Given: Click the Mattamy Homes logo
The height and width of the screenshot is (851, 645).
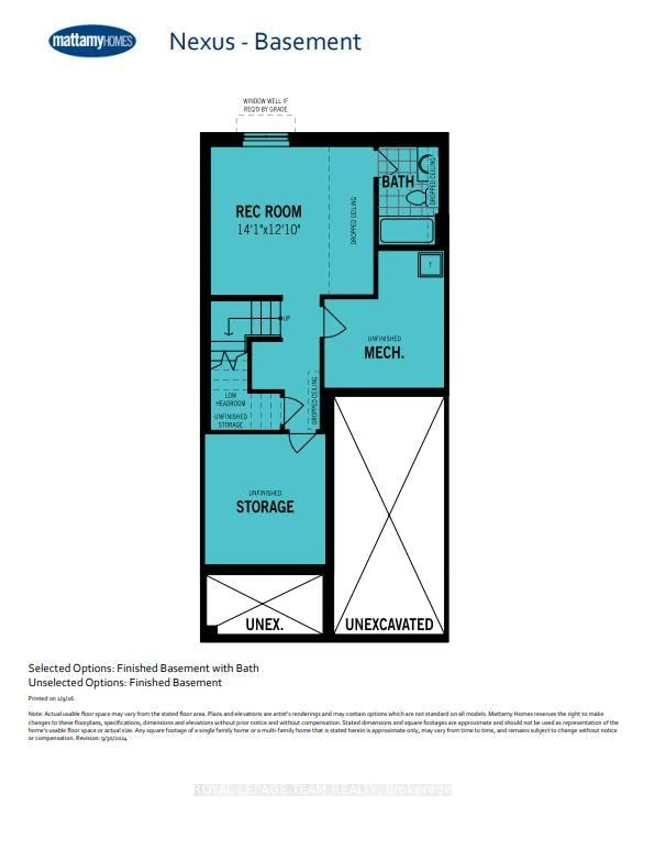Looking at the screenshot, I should tap(92, 41).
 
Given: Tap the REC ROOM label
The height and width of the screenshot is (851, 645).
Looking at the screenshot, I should tap(268, 212).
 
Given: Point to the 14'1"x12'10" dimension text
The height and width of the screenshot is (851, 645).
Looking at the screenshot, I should tap(268, 230).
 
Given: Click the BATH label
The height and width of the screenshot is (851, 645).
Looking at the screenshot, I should tap(397, 182).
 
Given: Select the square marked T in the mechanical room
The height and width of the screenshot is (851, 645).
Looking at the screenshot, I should tap(430, 264).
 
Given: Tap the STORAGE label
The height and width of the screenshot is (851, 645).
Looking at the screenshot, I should tap(265, 507).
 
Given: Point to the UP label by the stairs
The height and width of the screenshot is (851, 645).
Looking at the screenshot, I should tap(286, 319).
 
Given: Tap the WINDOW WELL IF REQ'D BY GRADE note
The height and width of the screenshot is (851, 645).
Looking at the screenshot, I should tap(265, 105).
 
